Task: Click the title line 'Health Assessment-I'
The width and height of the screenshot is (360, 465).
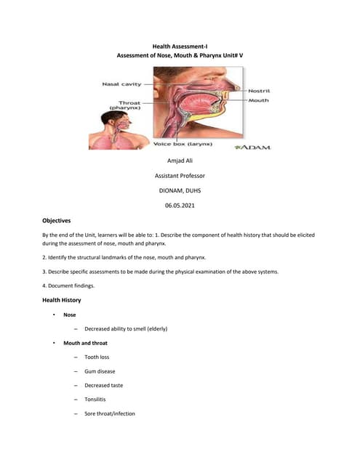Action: click(x=180, y=45)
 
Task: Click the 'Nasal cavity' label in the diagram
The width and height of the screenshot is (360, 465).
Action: click(x=121, y=84)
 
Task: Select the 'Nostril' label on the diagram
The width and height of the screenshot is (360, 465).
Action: click(x=260, y=91)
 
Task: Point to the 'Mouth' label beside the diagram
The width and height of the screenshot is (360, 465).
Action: click(x=258, y=100)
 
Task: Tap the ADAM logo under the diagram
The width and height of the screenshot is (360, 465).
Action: click(x=252, y=147)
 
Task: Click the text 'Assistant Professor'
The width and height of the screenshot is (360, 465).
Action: click(x=180, y=176)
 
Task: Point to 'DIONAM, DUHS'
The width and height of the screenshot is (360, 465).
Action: click(x=180, y=190)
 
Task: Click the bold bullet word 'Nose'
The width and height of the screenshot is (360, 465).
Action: click(x=70, y=315)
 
